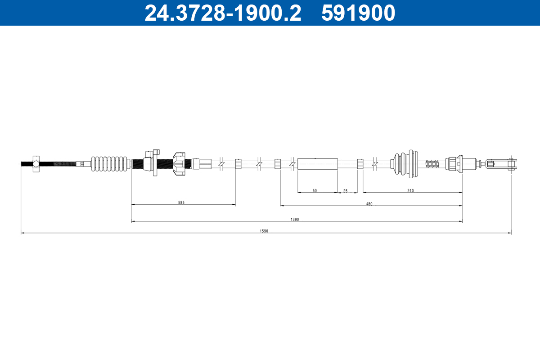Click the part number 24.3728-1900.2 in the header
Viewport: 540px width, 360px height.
coord(222,13)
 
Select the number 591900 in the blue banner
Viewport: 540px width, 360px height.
coord(358,13)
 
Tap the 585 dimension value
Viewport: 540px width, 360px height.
coord(181,203)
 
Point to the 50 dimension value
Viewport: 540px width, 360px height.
coord(315,191)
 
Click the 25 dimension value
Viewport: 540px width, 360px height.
coord(346,191)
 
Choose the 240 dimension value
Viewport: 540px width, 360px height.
coord(410,191)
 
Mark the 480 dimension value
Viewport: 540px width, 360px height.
coord(369,204)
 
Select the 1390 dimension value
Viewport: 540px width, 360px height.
coord(295,220)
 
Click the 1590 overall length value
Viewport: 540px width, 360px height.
coord(264,231)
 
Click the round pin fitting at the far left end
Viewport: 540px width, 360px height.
coord(36,164)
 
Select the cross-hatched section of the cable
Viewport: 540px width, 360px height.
coord(432,164)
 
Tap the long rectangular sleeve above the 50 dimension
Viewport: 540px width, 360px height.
coord(317,164)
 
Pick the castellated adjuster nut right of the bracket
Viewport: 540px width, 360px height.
coord(179,164)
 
